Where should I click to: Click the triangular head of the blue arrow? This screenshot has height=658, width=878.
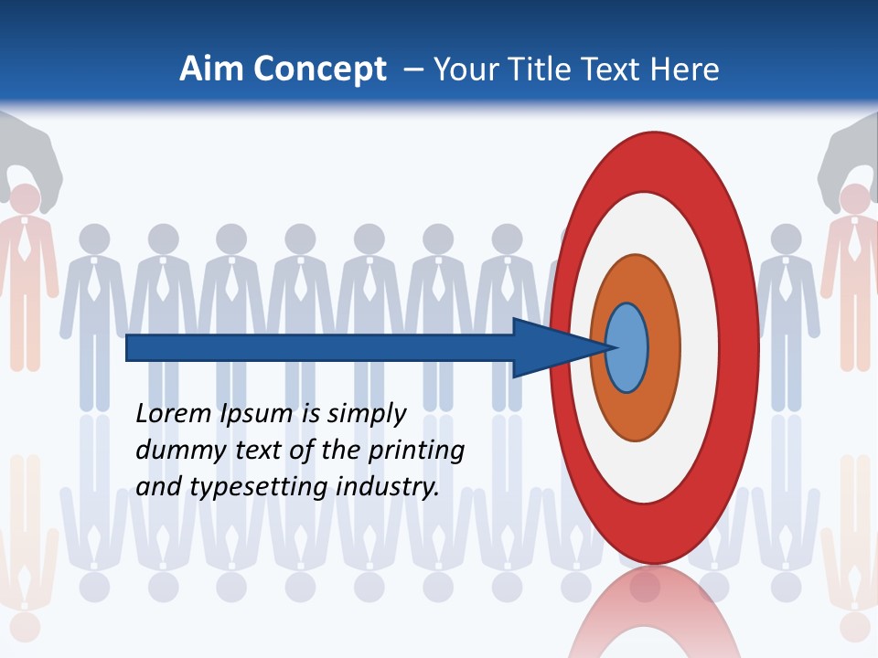point(549,348)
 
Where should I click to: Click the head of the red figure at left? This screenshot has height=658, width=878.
point(25,199)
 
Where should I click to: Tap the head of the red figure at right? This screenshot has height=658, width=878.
point(854,199)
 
